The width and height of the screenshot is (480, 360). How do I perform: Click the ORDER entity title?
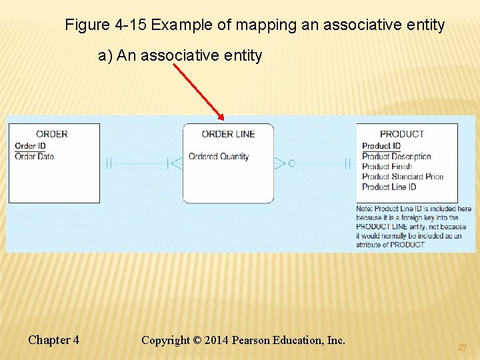pos(51,134)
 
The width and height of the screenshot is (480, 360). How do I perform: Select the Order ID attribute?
pos(30,146)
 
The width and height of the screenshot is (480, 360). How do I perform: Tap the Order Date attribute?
pos(34,156)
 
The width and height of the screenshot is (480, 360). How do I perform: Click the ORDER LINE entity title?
pos(228,134)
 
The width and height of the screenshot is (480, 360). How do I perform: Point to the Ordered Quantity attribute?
pos(219,157)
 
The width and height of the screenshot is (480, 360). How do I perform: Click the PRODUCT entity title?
pos(401,134)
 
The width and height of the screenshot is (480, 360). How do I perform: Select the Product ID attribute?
pos(381,146)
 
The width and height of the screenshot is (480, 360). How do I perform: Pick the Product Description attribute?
pos(396,157)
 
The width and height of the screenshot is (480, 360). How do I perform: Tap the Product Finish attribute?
pos(387,167)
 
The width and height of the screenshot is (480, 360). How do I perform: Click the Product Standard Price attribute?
pos(403,177)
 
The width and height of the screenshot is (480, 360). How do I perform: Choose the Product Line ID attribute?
pos(389,187)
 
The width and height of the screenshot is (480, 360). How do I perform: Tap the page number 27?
pos(462,348)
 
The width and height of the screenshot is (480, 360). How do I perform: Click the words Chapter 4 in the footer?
pos(53,340)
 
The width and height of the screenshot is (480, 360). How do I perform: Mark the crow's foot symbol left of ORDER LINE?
pos(175,163)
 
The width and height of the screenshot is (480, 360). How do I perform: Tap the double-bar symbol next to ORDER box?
pos(107,163)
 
